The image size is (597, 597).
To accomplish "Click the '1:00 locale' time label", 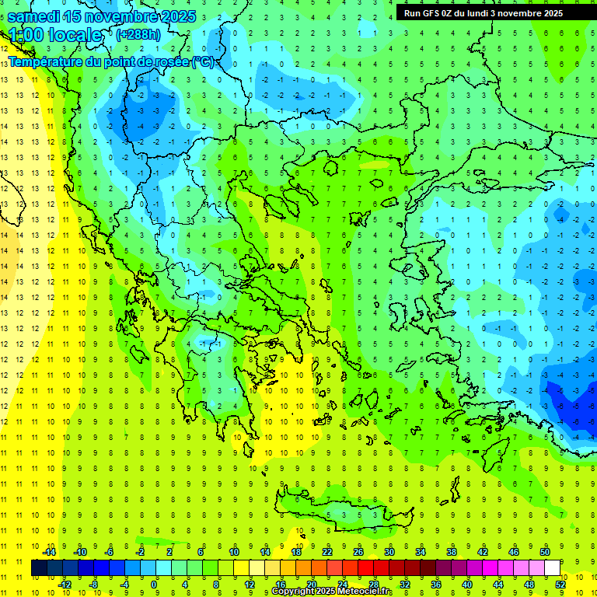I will pos(54,35).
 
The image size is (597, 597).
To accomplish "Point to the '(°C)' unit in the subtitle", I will pos(204,61).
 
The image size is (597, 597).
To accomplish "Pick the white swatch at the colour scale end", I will pos(552,568).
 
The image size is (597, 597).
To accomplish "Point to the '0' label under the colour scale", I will pos(155,585).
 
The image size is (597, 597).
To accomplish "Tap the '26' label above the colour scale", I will pos(358,552).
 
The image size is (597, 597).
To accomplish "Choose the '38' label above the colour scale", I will pos(452,552).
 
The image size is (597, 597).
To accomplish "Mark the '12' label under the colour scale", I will pos(249,585).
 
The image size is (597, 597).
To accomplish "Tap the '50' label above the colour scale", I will pos(545,552).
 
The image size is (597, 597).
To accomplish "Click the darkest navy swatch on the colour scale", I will pos(39,568).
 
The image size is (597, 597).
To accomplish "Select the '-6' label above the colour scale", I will pos(110,552).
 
